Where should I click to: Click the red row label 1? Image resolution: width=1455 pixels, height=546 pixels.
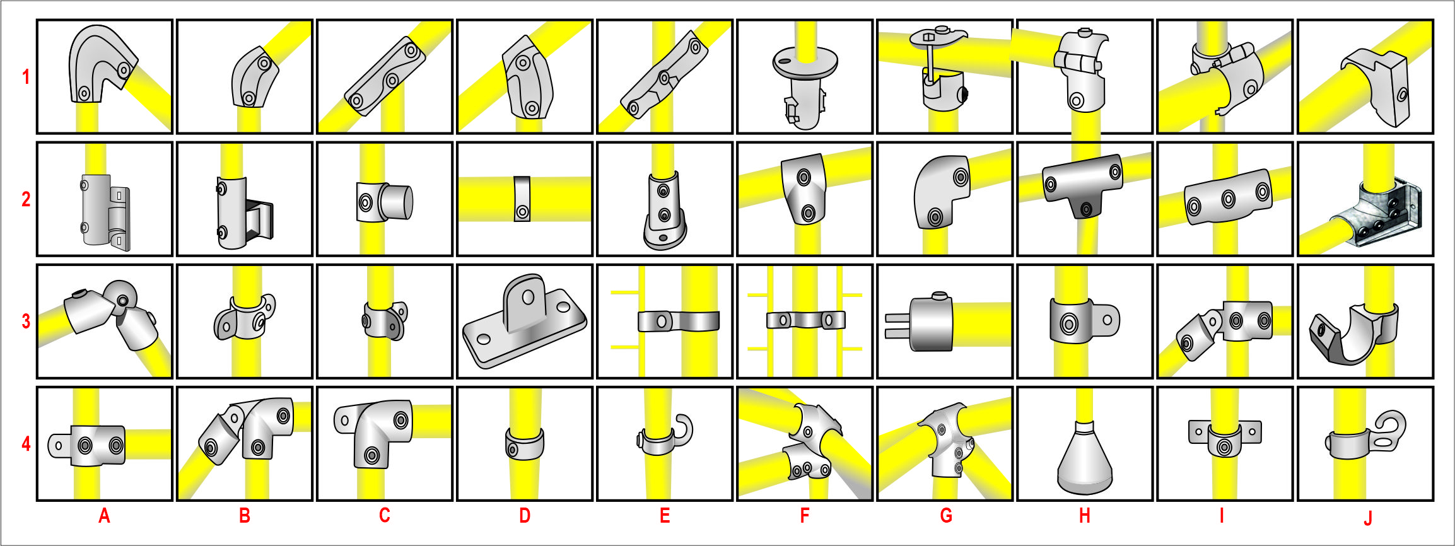[x=26, y=77]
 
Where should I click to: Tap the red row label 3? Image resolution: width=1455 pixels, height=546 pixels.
[x=26, y=321]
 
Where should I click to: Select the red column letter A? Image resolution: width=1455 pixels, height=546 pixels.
[x=104, y=516]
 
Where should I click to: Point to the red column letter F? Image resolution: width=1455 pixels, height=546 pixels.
[x=804, y=516]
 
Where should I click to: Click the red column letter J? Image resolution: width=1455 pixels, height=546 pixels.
[x=1367, y=518]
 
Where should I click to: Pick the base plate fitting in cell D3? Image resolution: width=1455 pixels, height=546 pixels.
[x=524, y=322]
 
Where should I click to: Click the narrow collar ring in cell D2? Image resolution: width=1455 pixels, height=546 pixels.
[x=522, y=199]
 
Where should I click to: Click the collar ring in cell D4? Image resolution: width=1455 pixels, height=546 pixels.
[x=524, y=444]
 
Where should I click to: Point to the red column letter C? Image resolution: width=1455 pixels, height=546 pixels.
[x=384, y=516]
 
